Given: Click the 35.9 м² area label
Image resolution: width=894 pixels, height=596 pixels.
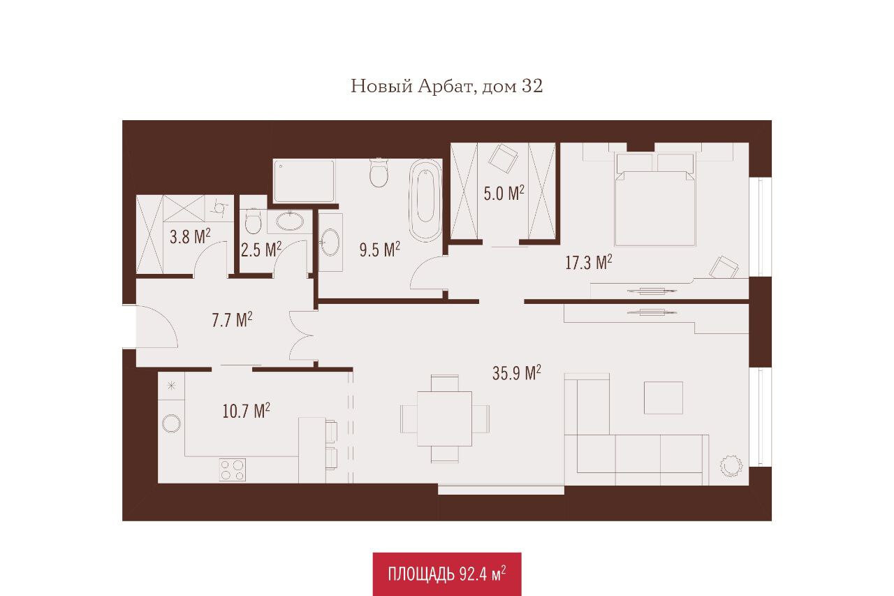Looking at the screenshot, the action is (x=516, y=373).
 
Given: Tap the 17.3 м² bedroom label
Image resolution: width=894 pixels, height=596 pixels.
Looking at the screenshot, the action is (x=589, y=262).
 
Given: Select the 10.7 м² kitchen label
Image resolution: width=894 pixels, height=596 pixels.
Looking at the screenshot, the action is (x=247, y=411).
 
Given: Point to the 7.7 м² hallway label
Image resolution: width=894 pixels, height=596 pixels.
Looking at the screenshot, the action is (x=232, y=320).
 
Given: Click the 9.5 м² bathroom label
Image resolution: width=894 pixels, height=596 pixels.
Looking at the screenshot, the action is (x=379, y=249).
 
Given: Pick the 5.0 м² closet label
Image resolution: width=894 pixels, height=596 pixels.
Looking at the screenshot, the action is (x=504, y=194).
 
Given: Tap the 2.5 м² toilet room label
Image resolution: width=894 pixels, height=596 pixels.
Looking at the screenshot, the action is (x=261, y=249).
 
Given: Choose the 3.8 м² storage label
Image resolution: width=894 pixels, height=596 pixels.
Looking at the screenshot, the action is (x=190, y=237).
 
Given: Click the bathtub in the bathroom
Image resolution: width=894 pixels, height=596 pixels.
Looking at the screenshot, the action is (x=425, y=201).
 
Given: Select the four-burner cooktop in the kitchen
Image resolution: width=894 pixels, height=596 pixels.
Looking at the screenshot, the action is (x=233, y=470).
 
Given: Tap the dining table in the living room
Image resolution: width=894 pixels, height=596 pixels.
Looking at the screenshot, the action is (x=445, y=419).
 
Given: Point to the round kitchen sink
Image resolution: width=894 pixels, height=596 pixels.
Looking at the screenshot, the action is (x=171, y=423).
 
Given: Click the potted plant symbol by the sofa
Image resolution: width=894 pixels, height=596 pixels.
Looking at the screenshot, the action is (x=731, y=465).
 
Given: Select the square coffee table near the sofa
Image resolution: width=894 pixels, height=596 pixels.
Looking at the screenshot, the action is (x=664, y=398).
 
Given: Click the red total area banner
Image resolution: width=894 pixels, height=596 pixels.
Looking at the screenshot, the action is (x=447, y=574).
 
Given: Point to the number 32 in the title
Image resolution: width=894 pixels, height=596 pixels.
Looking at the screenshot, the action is (x=532, y=86).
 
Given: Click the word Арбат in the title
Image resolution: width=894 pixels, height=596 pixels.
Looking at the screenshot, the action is (x=446, y=86).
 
